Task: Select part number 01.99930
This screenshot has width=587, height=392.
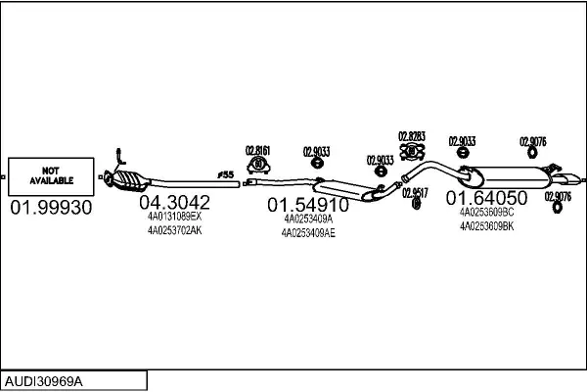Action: (51, 208)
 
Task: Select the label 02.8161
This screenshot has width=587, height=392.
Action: (257, 151)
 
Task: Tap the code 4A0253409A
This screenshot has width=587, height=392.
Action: (307, 219)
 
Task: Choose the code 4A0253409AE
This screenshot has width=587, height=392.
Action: (307, 232)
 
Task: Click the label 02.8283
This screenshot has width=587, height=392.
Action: (411, 136)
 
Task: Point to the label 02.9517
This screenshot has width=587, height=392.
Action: (416, 193)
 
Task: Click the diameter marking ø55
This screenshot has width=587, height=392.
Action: (226, 175)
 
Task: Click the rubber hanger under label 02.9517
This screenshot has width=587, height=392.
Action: (417, 205)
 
